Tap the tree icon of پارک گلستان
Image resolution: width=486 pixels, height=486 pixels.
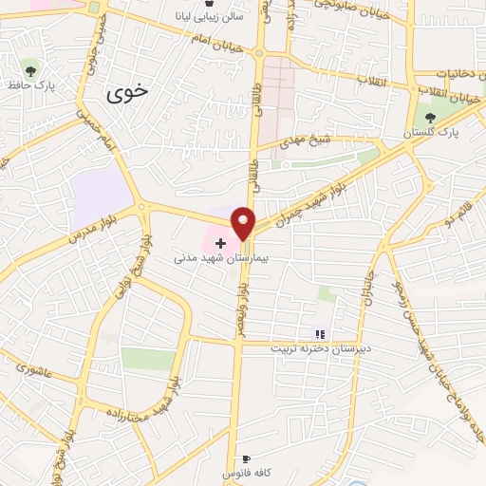tap(431, 117)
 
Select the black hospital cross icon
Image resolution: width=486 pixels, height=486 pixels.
tap(221, 244)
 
